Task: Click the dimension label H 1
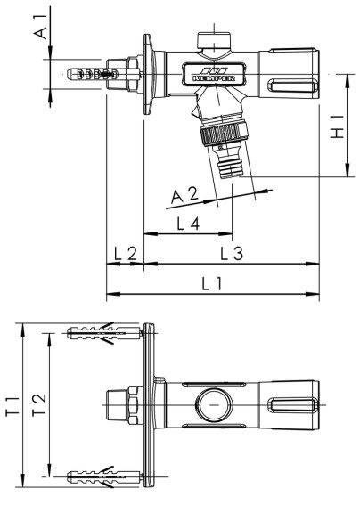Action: pos(337,126)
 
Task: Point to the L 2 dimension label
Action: pos(124,255)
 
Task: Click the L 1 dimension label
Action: pos(212,284)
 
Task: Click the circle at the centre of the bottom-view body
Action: pos(213,406)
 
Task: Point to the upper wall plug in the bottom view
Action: pos(102,334)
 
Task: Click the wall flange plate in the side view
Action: pos(145,76)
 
